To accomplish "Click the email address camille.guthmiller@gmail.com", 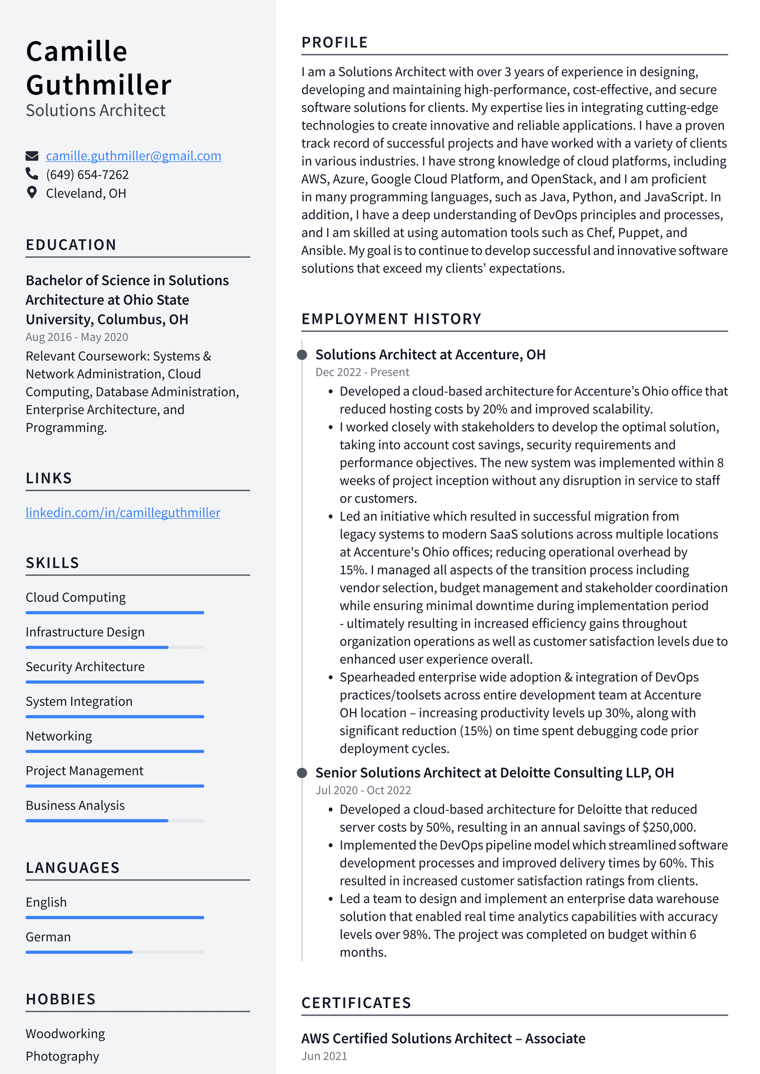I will point(134,156).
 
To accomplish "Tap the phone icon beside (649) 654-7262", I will point(32,174).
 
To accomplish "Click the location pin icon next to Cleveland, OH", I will point(32,192).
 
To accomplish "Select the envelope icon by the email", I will point(32,156).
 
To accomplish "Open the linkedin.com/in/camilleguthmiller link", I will point(123,512).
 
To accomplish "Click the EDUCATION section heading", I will point(71,245).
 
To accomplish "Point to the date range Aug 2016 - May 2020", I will point(77,337).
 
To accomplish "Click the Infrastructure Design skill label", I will point(85,632).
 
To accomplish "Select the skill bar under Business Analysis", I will point(115,820).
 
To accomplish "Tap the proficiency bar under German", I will point(115,952).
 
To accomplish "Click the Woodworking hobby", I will point(65,1034).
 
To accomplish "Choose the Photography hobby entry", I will point(62,1056).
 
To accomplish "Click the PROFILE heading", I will point(334,42).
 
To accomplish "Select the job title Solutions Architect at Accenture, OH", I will point(430,354).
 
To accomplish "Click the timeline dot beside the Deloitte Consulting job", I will point(302,773).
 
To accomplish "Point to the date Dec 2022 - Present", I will point(362,372).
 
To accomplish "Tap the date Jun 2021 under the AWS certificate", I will point(324,1056).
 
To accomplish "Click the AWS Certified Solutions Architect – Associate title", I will point(443,1038).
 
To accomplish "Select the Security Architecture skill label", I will point(85,667).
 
